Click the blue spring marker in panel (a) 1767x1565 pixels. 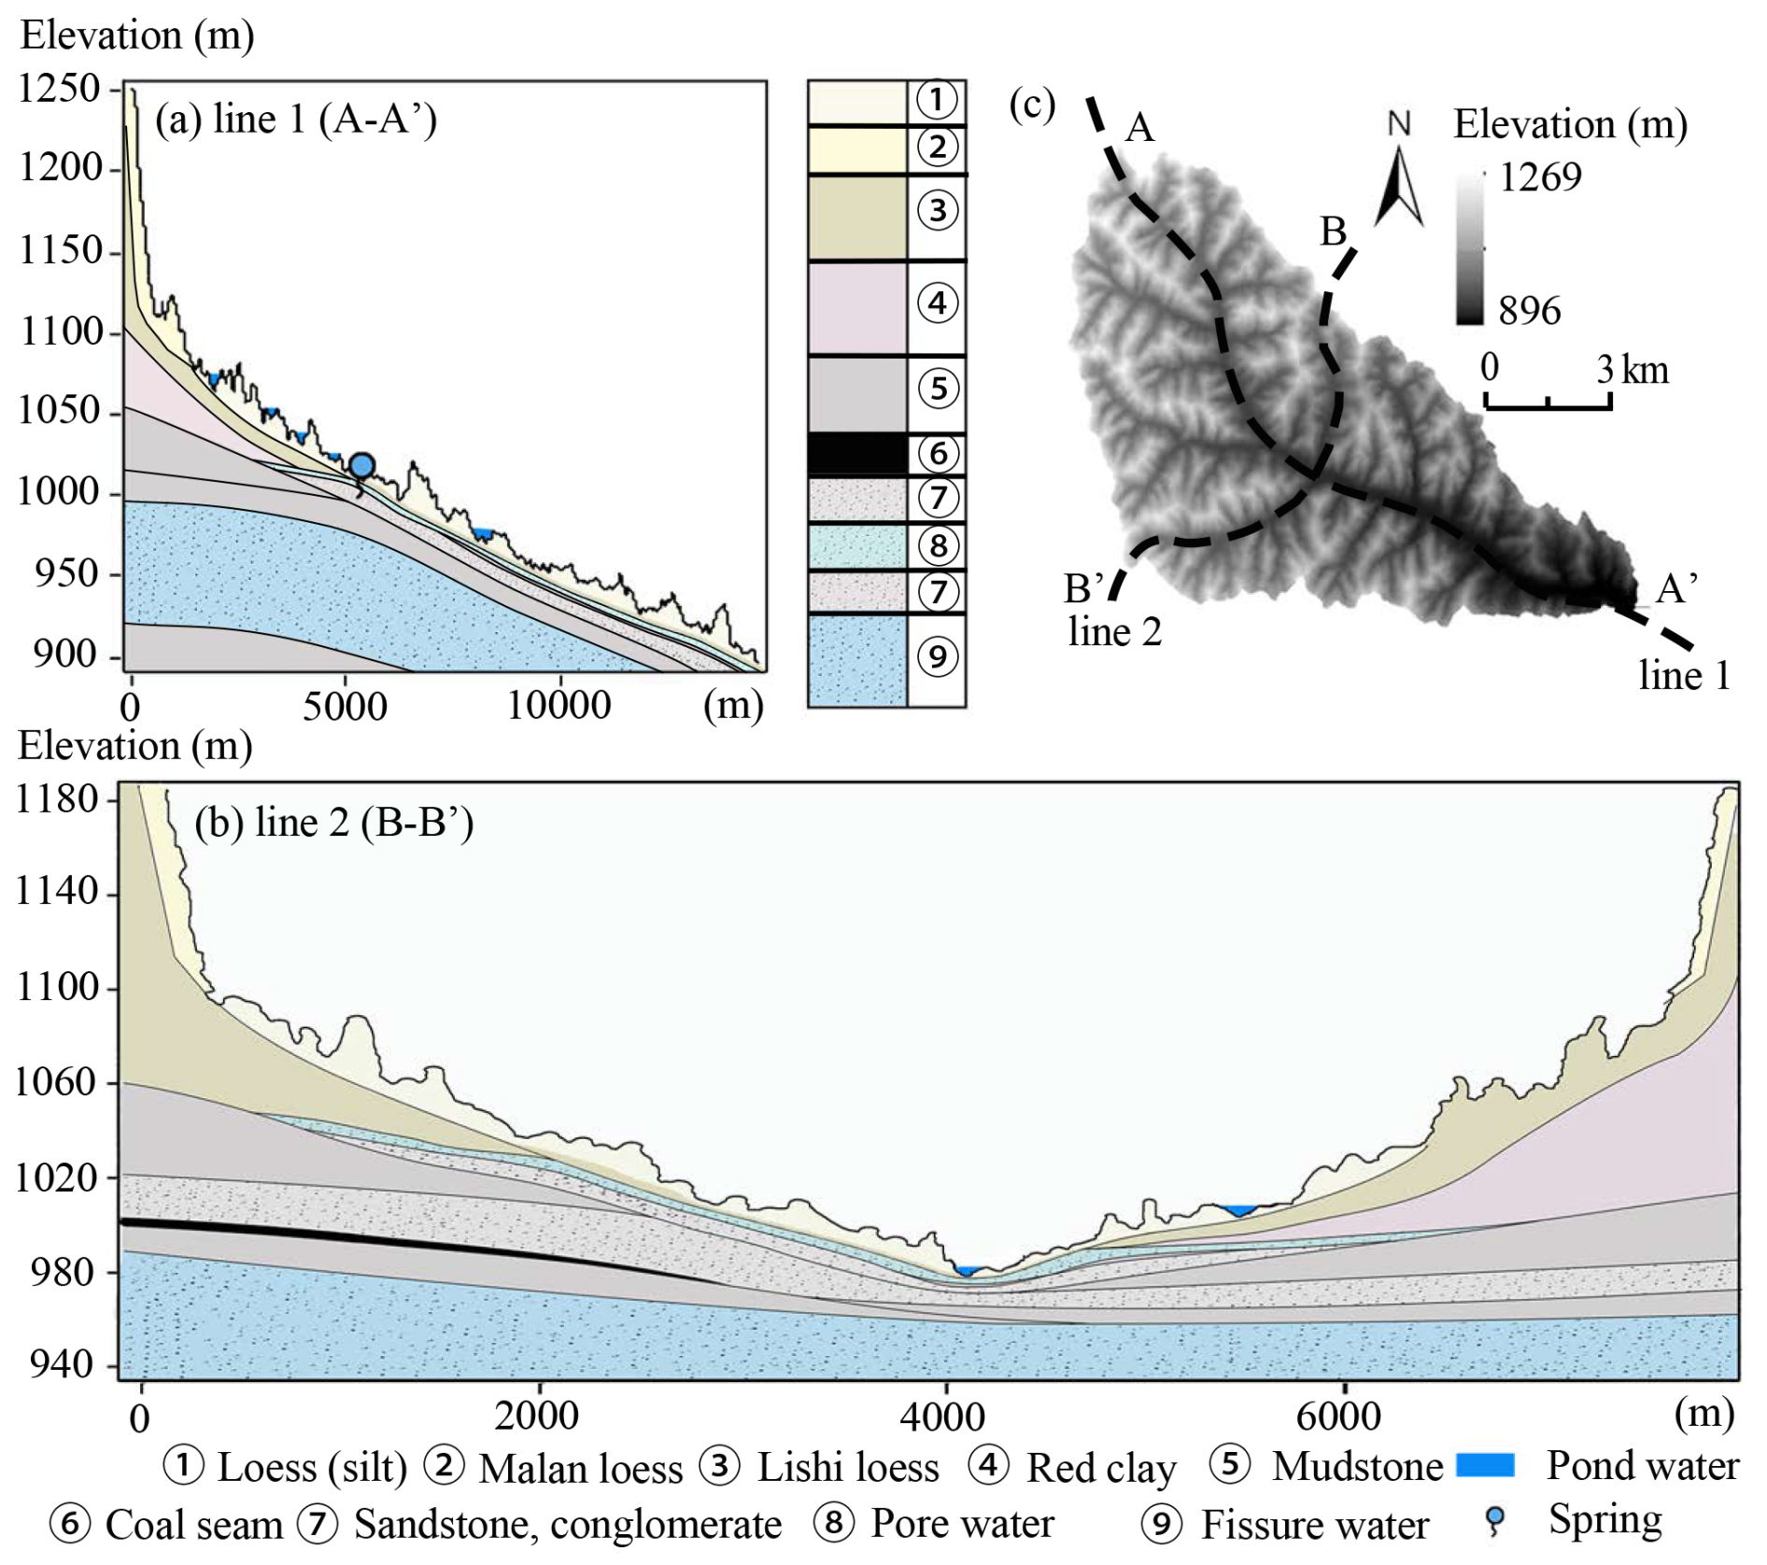coord(362,465)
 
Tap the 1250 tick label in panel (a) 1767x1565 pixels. coord(59,89)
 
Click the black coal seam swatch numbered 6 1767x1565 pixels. coord(856,454)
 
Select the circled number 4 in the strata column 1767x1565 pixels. coord(938,303)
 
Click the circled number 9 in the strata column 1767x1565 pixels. coord(938,656)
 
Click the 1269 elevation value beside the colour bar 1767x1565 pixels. coord(1540,176)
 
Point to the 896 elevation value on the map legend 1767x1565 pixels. coord(1530,311)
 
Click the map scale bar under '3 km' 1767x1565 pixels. coord(1548,403)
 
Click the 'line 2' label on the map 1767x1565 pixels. coord(1114,632)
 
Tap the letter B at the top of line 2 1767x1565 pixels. coord(1333,231)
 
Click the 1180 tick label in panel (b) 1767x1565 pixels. coord(58,799)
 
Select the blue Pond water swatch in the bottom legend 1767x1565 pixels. coord(1485,1465)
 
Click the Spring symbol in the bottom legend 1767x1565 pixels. coord(1495,1521)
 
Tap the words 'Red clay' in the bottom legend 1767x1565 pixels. coord(1101,1468)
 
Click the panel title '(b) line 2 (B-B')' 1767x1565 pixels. coord(333,823)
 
